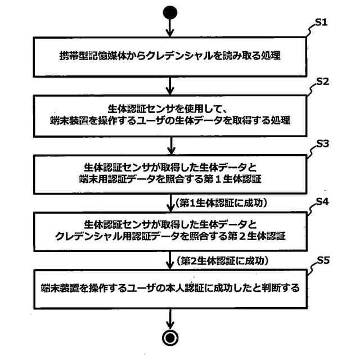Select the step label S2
coord(322,83)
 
